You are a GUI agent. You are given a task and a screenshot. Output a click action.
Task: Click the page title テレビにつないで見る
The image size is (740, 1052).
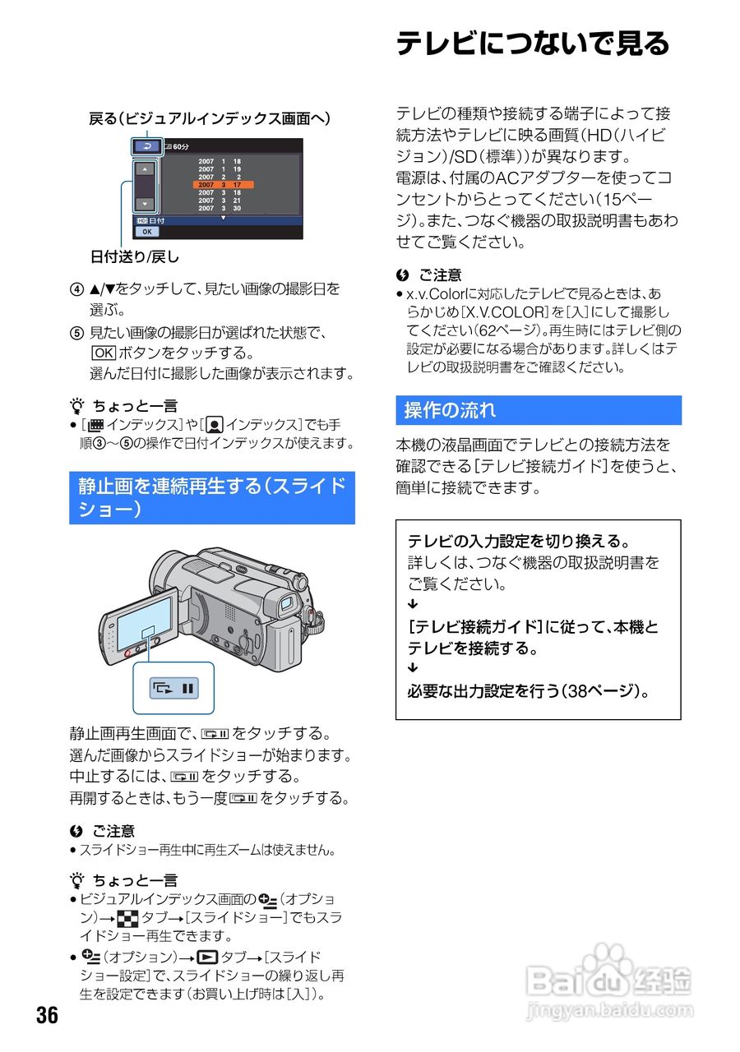[x=533, y=44]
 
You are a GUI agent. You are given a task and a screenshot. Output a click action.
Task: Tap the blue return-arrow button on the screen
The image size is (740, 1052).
[x=147, y=146]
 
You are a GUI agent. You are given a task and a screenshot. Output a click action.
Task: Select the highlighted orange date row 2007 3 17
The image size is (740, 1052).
[x=223, y=185]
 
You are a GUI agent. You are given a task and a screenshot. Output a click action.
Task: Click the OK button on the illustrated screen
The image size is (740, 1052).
[x=147, y=232]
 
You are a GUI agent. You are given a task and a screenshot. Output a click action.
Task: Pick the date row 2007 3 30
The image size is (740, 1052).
[x=220, y=208]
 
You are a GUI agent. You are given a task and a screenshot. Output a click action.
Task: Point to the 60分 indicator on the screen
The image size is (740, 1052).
[x=178, y=146]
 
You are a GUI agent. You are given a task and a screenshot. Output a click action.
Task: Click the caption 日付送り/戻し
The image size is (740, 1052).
[x=134, y=256]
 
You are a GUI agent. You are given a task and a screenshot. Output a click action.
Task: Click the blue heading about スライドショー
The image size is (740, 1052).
[x=211, y=497]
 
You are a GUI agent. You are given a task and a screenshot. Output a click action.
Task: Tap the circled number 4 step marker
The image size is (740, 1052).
[x=76, y=289]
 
